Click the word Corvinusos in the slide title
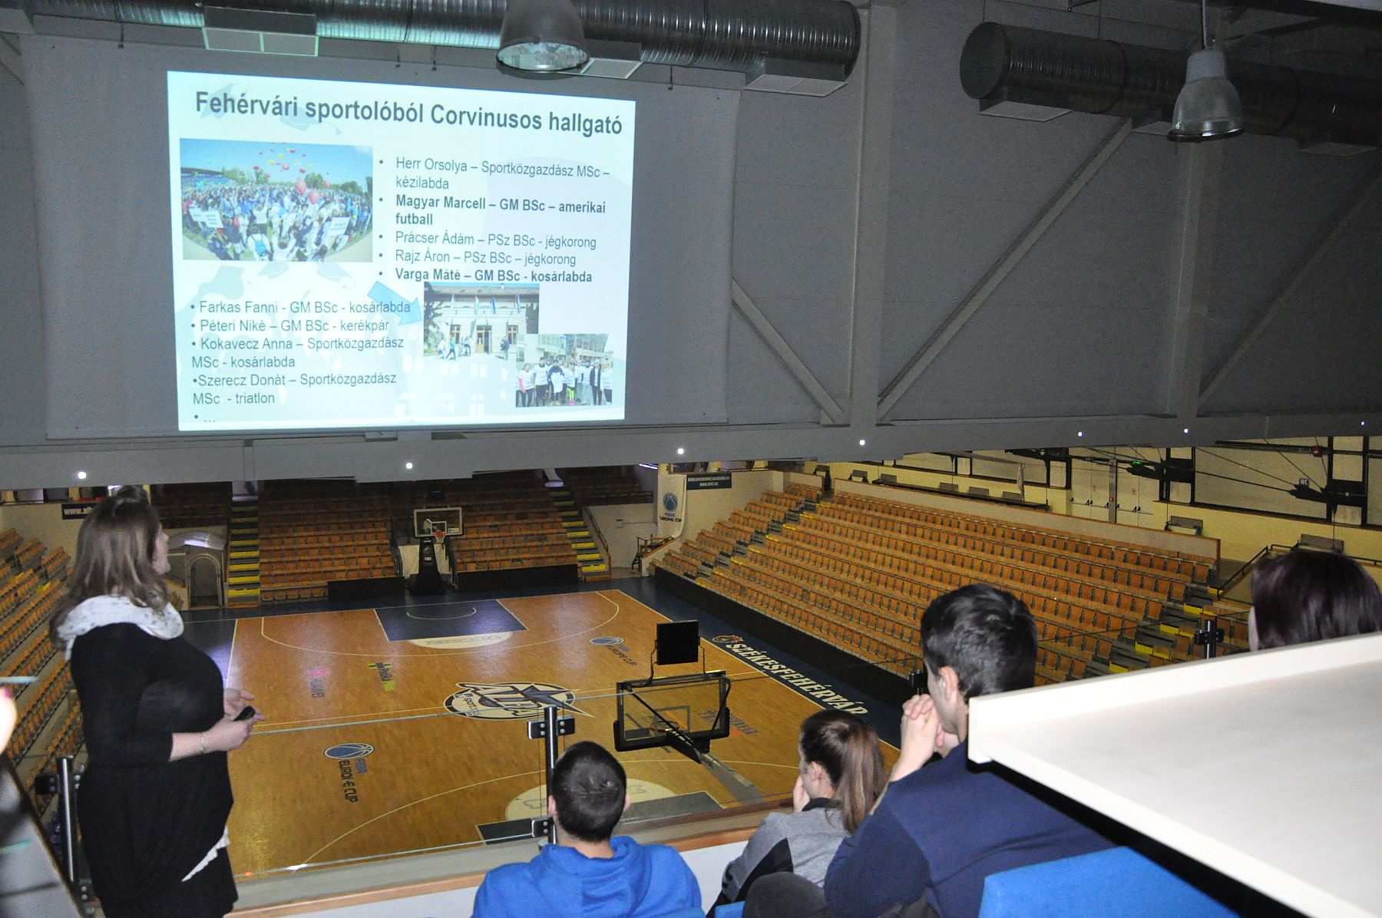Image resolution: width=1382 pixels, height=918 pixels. [x=485, y=115]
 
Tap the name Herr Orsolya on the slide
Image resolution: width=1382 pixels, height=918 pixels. [x=426, y=163]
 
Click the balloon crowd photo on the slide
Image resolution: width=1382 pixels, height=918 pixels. [x=276, y=200]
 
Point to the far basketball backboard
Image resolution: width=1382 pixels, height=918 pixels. [x=437, y=522]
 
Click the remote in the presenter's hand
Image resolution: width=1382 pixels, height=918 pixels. [x=245, y=712]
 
